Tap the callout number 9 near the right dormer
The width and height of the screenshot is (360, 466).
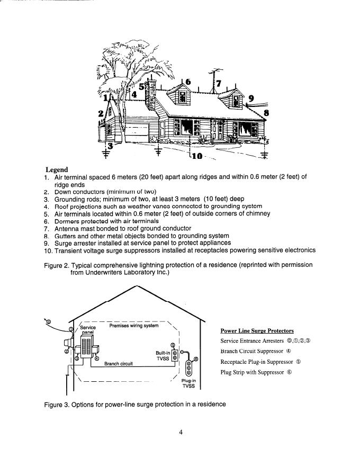[251, 98]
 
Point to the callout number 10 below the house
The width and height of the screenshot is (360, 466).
[196, 156]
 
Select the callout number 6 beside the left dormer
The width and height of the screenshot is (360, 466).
[187, 83]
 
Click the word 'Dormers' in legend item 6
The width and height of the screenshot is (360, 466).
[67, 221]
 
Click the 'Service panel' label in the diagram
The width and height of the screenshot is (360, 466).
[88, 330]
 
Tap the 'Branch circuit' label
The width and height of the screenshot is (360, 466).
[118, 364]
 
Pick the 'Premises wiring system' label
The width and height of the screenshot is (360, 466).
[133, 326]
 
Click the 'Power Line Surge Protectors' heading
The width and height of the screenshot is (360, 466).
[257, 331]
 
